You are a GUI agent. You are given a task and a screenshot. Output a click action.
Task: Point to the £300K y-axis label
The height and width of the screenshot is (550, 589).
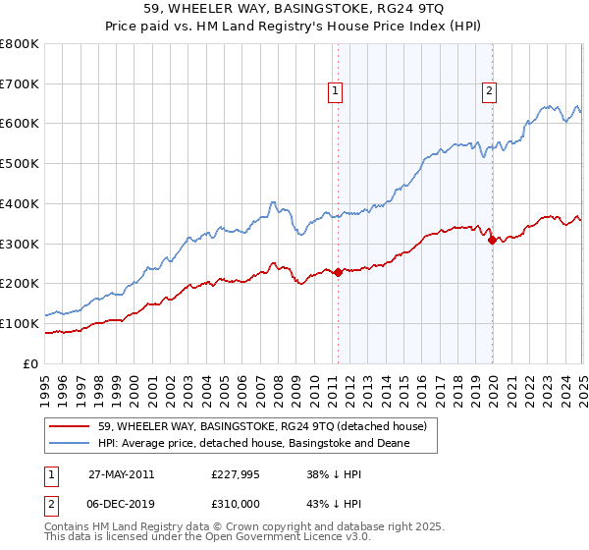[x=20, y=244]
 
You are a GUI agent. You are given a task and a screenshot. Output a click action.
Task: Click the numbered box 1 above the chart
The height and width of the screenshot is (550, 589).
[x=335, y=91]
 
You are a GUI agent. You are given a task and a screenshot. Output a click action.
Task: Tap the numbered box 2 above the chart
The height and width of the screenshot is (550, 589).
[x=489, y=91]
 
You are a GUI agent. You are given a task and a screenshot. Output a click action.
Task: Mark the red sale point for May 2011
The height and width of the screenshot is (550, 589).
[x=339, y=272]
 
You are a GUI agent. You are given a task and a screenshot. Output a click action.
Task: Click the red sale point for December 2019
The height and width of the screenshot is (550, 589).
[x=492, y=239]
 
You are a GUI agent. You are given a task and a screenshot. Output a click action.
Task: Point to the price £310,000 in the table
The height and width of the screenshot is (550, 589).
[x=237, y=504]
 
